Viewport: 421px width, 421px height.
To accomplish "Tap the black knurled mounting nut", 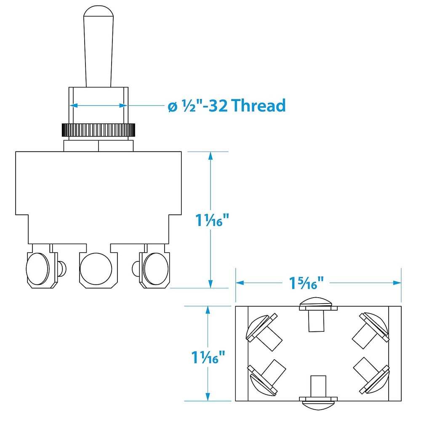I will (99, 129).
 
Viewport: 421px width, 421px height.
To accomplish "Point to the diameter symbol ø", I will (172, 107).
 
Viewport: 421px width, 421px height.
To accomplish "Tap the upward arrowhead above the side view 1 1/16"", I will (211, 155).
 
